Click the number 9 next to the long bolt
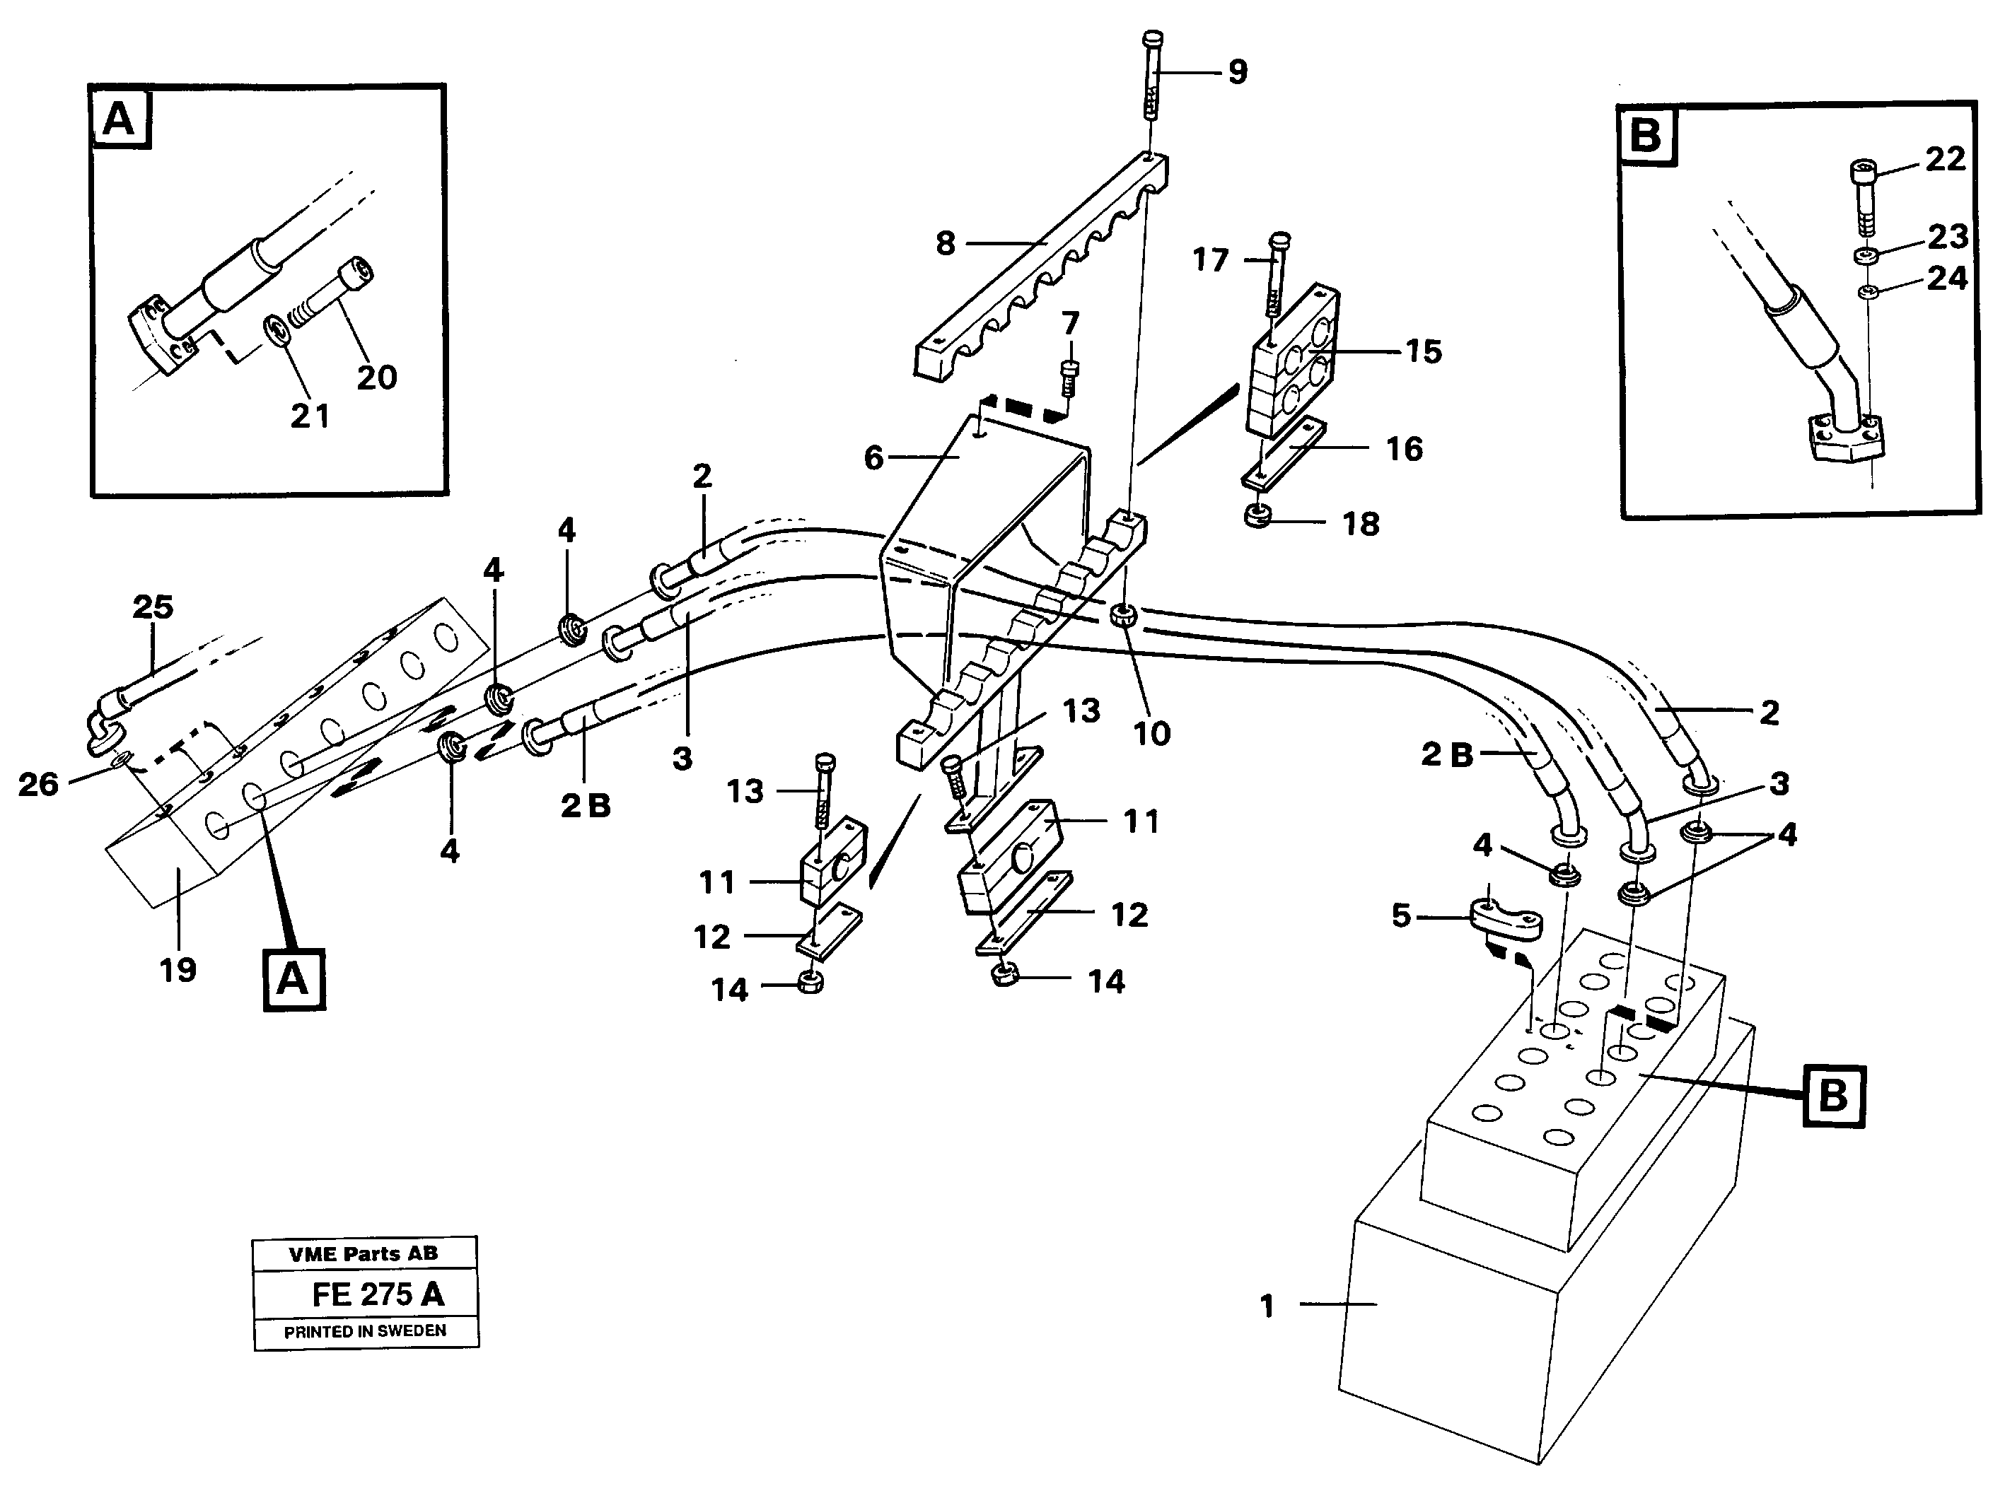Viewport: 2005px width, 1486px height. pyautogui.click(x=1238, y=73)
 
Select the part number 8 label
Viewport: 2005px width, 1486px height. pyautogui.click(x=945, y=244)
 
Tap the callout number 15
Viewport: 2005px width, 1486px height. pyautogui.click(x=1423, y=352)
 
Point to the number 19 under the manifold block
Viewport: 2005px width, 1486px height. pyautogui.click(x=178, y=970)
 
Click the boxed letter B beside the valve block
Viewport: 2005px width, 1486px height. pyautogui.click(x=1832, y=1096)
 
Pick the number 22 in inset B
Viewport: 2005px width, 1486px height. pyautogui.click(x=1946, y=160)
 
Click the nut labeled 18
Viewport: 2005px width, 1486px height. pyautogui.click(x=1257, y=518)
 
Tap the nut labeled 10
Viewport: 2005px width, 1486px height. pyautogui.click(x=1123, y=617)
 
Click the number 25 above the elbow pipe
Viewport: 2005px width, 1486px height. pyautogui.click(x=152, y=607)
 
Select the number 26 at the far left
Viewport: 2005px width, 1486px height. pyautogui.click(x=37, y=785)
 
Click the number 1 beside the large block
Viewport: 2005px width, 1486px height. pyautogui.click(x=1267, y=1306)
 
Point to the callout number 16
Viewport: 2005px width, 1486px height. pyautogui.click(x=1404, y=449)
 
